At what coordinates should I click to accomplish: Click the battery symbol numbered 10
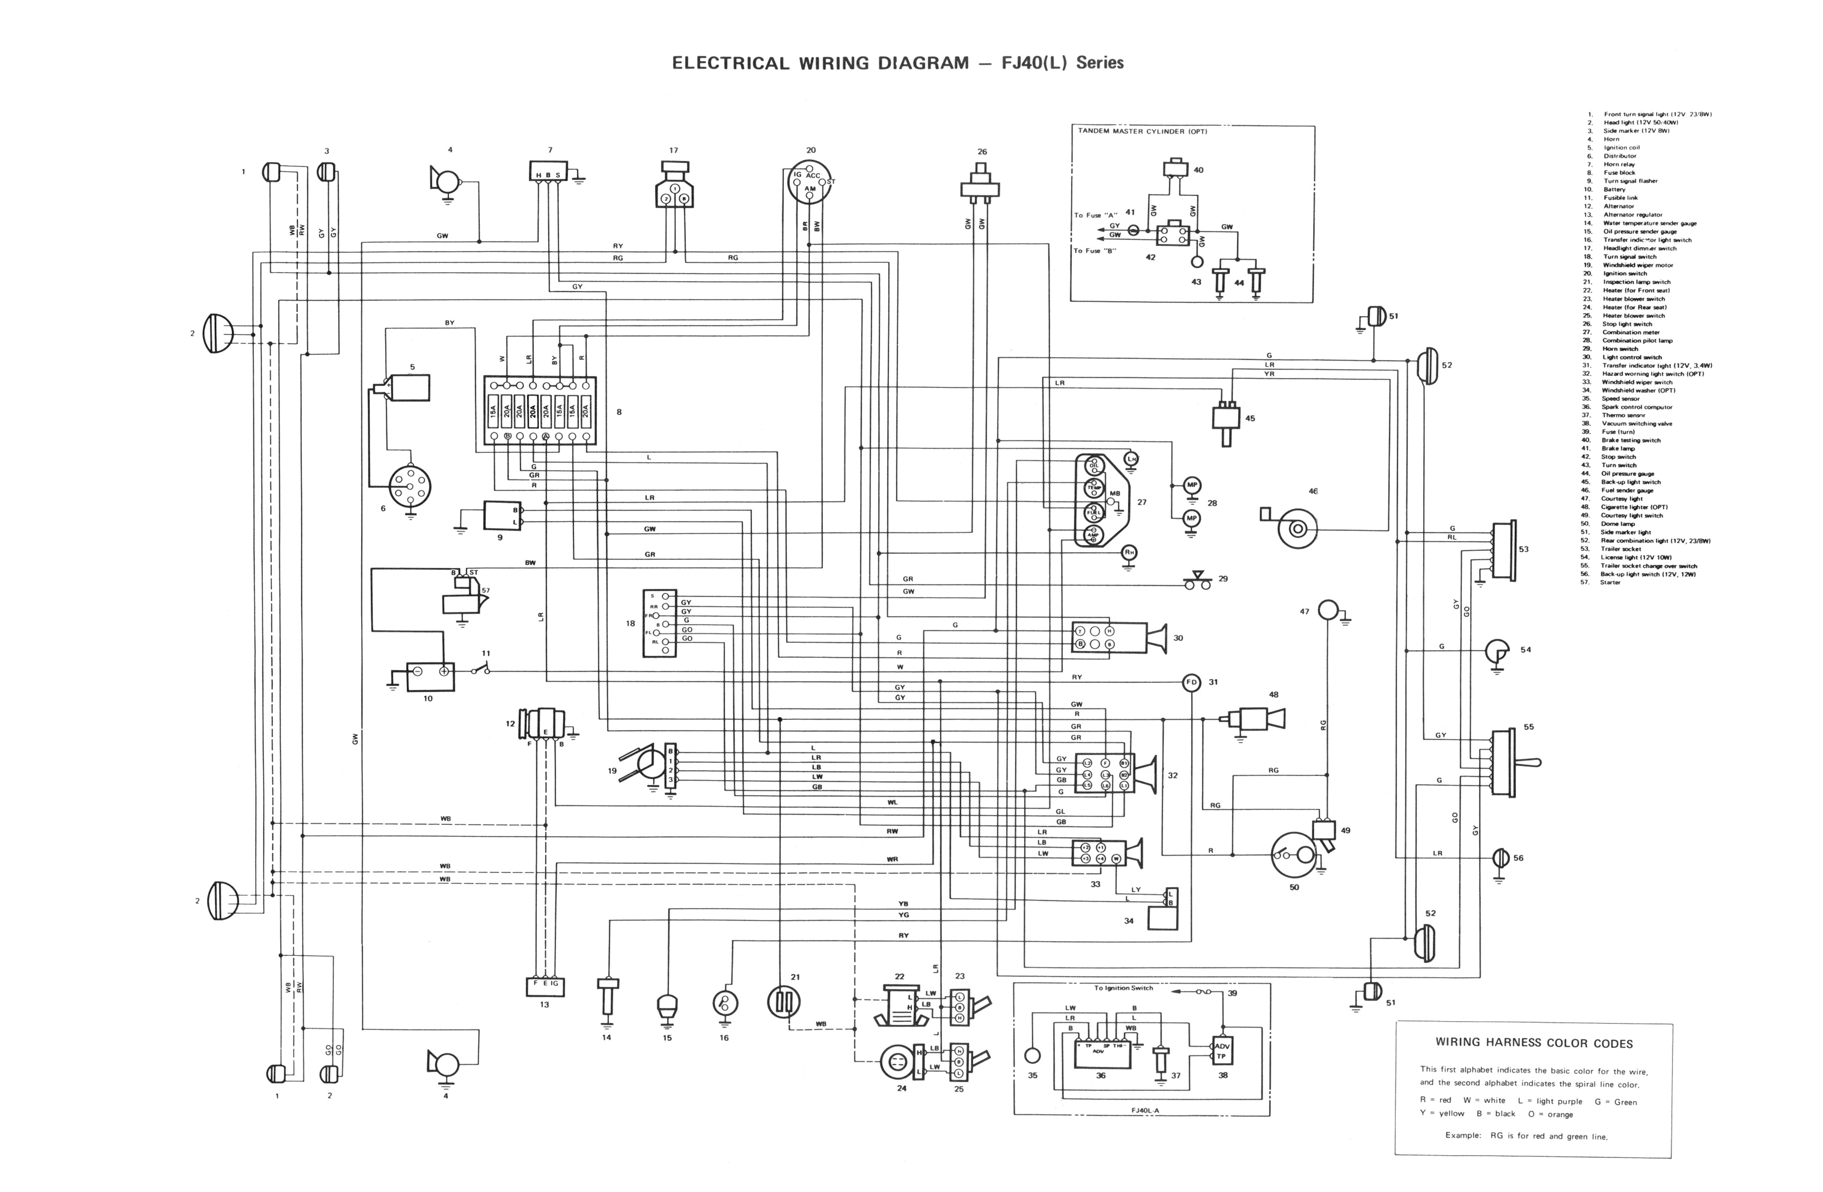[x=430, y=677]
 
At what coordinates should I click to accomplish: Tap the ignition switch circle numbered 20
[x=810, y=182]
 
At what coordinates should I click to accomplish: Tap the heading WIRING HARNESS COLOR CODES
[x=1533, y=1043]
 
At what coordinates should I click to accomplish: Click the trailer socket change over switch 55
[x=1506, y=762]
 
